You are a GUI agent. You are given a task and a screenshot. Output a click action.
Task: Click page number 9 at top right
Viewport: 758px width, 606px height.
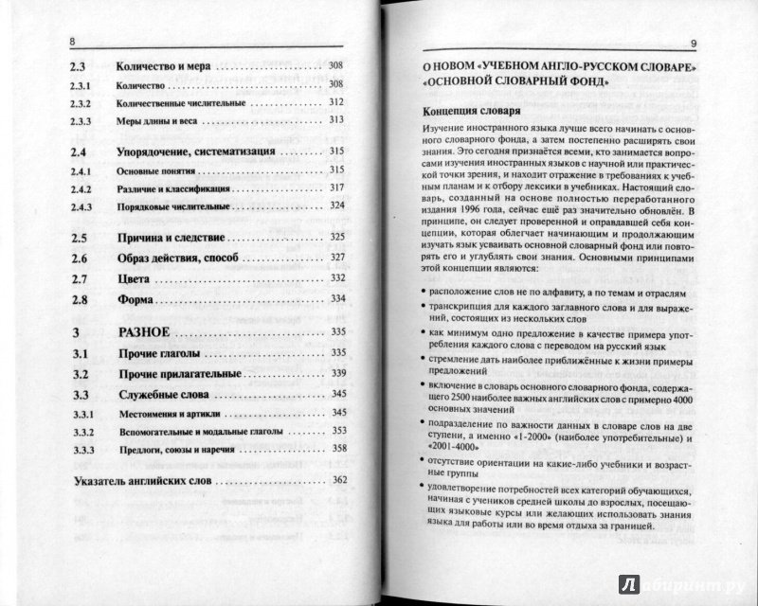[x=694, y=41]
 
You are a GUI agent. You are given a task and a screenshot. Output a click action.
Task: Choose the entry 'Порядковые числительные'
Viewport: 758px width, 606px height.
[x=167, y=205]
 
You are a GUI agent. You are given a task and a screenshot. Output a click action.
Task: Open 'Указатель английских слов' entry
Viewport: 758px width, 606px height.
[x=143, y=481]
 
